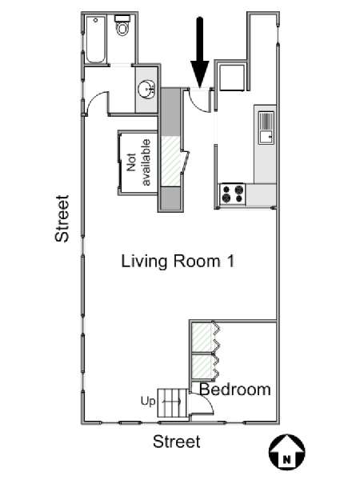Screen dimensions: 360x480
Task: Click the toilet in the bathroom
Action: (122, 25)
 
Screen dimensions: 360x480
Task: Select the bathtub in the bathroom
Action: (96, 40)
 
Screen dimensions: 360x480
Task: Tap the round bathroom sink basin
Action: (146, 90)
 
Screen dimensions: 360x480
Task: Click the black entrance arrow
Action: (200, 52)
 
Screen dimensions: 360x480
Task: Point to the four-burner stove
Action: (233, 194)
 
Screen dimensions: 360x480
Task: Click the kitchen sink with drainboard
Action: (266, 128)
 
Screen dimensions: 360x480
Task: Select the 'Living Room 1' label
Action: (178, 262)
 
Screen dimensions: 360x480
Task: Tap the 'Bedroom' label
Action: (235, 390)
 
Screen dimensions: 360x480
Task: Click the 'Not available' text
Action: (138, 162)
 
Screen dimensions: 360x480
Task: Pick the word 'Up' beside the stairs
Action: (148, 401)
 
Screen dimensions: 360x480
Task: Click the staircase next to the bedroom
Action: (173, 403)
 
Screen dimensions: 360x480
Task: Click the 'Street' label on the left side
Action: (62, 218)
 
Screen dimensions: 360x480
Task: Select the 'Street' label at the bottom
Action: (177, 442)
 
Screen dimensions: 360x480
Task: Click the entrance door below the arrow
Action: (199, 100)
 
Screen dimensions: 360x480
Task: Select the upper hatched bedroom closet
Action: (202, 338)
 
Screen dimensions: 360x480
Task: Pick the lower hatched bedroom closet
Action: (202, 366)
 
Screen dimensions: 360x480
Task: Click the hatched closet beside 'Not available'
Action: (170, 161)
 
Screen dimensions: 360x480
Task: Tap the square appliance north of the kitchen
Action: (232, 78)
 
